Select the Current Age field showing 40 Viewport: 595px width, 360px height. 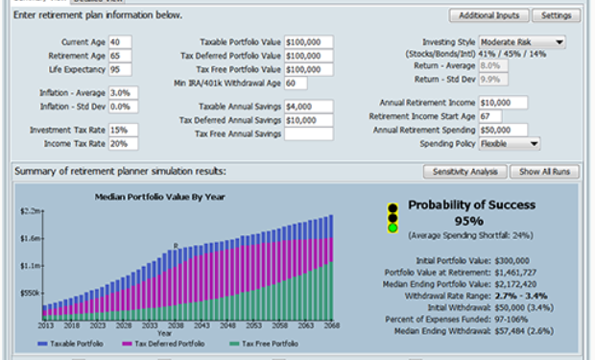(x=120, y=42)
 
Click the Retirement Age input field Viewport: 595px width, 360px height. (x=120, y=56)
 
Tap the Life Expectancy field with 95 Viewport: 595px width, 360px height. (x=120, y=69)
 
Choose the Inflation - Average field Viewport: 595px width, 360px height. (x=124, y=92)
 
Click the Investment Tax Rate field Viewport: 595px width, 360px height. (x=124, y=130)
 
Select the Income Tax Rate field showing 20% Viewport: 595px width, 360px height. (x=124, y=143)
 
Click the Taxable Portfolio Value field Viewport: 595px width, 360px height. (x=308, y=42)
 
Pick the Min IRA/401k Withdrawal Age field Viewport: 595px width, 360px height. (x=296, y=83)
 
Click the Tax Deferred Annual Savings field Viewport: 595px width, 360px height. (x=308, y=120)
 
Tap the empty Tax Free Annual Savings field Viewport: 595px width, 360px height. (x=308, y=133)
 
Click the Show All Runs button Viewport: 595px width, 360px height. (x=544, y=172)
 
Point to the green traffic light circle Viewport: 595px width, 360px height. (x=392, y=228)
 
